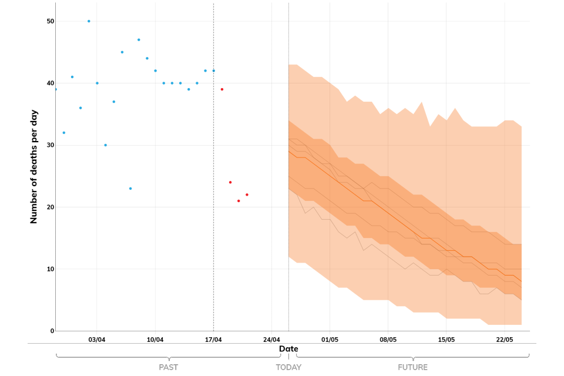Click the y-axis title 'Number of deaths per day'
click(x=34, y=166)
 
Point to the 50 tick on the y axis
click(x=51, y=21)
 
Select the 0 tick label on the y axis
click(x=52, y=331)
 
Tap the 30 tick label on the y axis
click(x=51, y=145)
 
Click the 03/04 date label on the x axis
click(x=97, y=340)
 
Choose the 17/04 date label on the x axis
click(x=213, y=340)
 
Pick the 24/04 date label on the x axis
click(x=271, y=340)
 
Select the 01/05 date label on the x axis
click(x=330, y=340)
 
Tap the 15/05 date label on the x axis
click(x=446, y=340)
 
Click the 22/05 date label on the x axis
click(x=505, y=340)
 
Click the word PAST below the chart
click(x=169, y=367)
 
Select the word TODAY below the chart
click(x=288, y=367)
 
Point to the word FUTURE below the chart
click(x=412, y=367)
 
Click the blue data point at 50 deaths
click(x=89, y=21)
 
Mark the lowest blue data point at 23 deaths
click(x=130, y=189)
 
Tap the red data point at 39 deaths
click(x=222, y=89)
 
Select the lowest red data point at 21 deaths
click(x=239, y=201)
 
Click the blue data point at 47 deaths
click(x=139, y=40)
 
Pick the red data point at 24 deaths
click(x=230, y=182)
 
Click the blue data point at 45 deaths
click(x=122, y=52)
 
